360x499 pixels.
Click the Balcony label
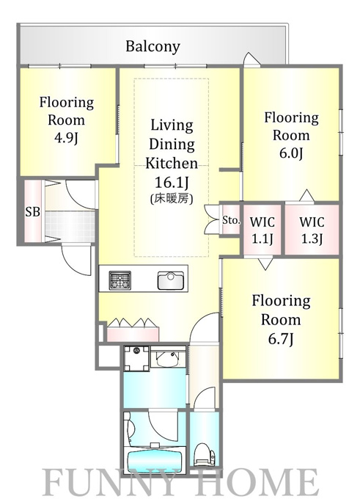[153, 46]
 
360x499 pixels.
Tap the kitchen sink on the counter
[170, 280]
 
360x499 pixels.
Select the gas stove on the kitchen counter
[120, 280]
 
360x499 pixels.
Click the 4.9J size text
[66, 139]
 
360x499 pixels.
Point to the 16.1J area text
[172, 183]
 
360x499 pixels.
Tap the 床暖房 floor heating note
[172, 199]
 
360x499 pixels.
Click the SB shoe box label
[33, 211]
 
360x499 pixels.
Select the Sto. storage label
[231, 220]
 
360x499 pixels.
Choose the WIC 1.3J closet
[312, 230]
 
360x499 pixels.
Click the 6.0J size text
[291, 153]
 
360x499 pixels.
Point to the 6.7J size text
[281, 339]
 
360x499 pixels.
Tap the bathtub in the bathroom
[155, 459]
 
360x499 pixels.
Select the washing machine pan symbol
[136, 359]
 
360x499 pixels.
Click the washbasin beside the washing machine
[168, 357]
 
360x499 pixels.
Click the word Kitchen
[172, 163]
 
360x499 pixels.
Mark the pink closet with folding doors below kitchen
[133, 330]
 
